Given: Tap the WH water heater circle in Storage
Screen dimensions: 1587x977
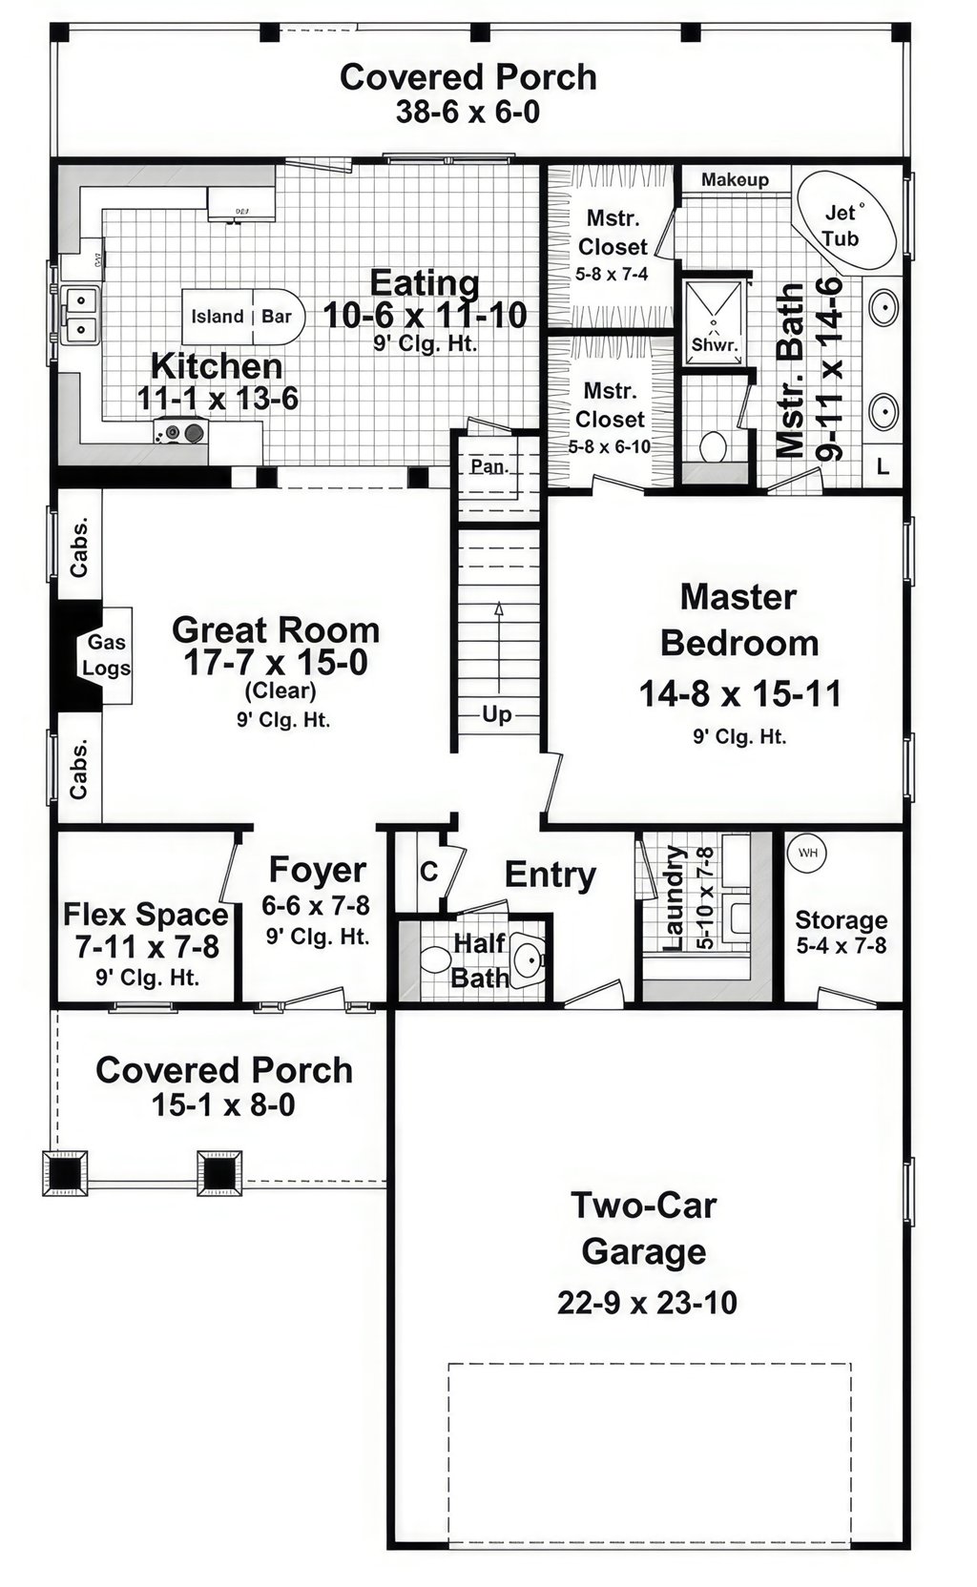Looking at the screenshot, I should point(807,852).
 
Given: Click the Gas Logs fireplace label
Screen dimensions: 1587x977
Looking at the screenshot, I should point(105,655).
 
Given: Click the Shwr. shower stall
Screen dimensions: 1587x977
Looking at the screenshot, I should point(714,324).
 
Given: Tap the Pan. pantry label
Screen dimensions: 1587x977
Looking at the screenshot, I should point(488,466).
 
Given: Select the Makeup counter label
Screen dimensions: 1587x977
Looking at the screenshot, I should point(735,180).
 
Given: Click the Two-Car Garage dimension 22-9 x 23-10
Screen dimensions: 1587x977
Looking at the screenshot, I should point(647,1303).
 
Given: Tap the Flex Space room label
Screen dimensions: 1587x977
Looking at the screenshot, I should point(146,915).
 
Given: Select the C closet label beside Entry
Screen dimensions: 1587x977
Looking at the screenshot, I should point(429,872).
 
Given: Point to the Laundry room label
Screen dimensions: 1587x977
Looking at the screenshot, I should point(673,898).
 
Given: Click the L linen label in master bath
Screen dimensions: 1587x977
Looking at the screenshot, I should point(883,467).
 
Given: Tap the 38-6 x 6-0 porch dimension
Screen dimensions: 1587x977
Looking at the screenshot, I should point(468,113).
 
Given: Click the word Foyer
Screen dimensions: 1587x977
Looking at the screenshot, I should point(317,870).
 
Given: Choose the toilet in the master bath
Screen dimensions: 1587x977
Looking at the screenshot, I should point(714,446).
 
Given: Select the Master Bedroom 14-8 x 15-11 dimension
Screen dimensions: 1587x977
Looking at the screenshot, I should point(739,694).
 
